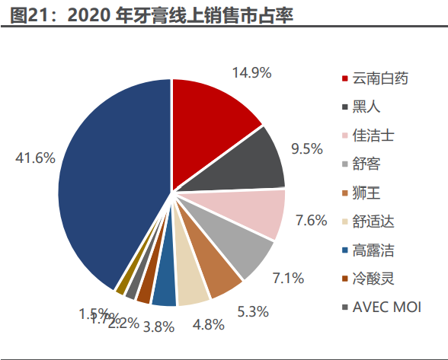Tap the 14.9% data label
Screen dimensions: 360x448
click(x=252, y=73)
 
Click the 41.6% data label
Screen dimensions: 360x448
click(x=35, y=158)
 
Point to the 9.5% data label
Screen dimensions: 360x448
click(x=306, y=149)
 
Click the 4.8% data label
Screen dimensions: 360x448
click(x=208, y=325)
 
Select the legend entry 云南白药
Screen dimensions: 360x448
click(x=380, y=78)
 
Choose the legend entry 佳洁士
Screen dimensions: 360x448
click(x=373, y=135)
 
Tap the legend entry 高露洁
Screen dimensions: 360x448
click(x=373, y=250)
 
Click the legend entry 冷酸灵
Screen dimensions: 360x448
click(x=373, y=279)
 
